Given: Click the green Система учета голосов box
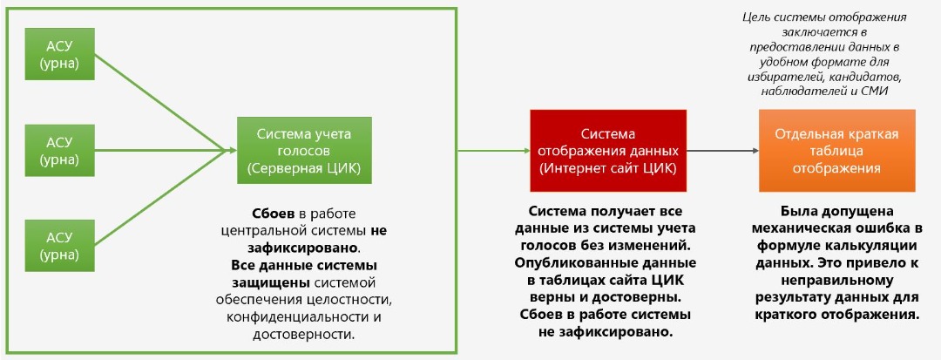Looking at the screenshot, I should [304, 150].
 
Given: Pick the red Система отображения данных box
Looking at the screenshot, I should [607, 150].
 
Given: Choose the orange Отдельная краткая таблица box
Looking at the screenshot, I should [836, 150].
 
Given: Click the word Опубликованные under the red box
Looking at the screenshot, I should [565, 262].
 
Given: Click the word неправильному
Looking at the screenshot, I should [836, 281].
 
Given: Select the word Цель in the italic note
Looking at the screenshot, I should [756, 17].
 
